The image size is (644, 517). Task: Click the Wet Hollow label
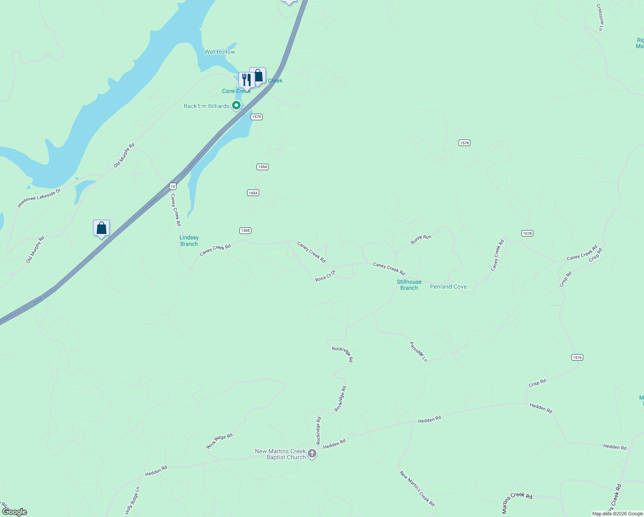pos(220,52)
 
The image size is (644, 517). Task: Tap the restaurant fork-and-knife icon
pos(246,80)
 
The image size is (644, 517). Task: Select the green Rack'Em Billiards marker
pos(236,105)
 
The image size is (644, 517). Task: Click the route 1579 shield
pos(257,117)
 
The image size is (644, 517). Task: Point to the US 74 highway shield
pos(173,186)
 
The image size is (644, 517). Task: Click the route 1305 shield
pos(245,230)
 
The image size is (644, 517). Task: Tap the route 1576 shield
pos(577,357)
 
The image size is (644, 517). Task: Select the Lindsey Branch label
pos(189,241)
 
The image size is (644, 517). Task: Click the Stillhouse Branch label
pos(409,285)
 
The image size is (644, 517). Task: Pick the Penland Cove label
pos(448,287)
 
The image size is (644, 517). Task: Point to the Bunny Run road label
pos(421,240)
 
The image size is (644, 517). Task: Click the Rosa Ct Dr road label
pos(325,276)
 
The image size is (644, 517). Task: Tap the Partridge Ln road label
pos(418,352)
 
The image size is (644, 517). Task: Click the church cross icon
pos(312,454)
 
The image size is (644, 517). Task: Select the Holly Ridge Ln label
pos(133,500)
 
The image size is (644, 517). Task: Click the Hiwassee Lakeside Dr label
pos(39,198)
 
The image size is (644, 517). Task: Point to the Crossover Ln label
pos(600,17)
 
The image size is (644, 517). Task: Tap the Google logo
pos(15,512)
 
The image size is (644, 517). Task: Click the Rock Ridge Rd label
pos(219,441)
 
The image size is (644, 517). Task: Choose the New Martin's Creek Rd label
pos(417,488)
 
